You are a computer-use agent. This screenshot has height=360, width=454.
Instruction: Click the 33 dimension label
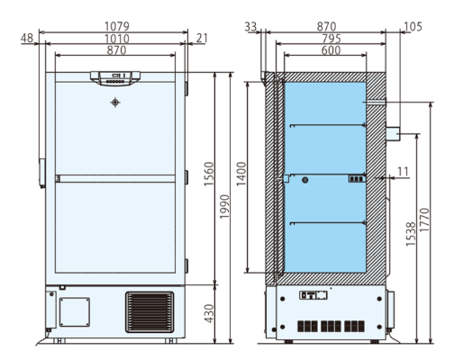pyautogui.click(x=250, y=27)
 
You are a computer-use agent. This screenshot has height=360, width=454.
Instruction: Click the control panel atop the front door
pyautogui.click(x=113, y=78)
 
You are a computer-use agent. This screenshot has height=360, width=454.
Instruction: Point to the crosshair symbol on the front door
pyautogui.click(x=113, y=104)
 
